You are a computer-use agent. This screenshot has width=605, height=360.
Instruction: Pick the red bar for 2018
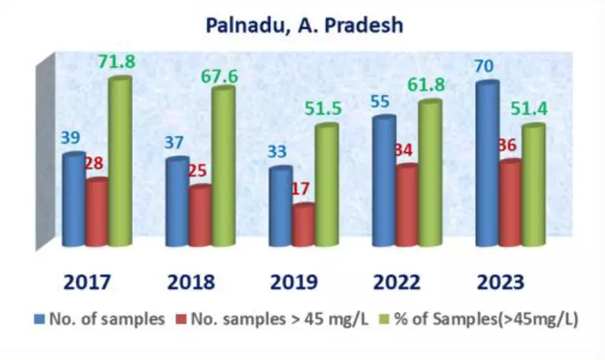pyautogui.click(x=200, y=215)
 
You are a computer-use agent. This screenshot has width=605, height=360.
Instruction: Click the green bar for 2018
pyautogui.click(x=223, y=166)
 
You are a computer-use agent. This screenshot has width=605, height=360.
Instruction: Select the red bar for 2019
pyautogui.click(x=303, y=224)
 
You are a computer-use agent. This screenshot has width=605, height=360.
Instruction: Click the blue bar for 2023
pyautogui.click(x=485, y=163)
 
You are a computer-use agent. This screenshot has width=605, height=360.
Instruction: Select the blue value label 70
pyautogui.click(x=485, y=67)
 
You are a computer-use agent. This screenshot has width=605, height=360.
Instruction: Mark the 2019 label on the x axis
pyautogui.click(x=295, y=282)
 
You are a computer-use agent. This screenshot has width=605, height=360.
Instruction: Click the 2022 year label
pyautogui.click(x=398, y=282)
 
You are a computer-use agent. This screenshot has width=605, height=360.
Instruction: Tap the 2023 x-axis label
pyautogui.click(x=500, y=282)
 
